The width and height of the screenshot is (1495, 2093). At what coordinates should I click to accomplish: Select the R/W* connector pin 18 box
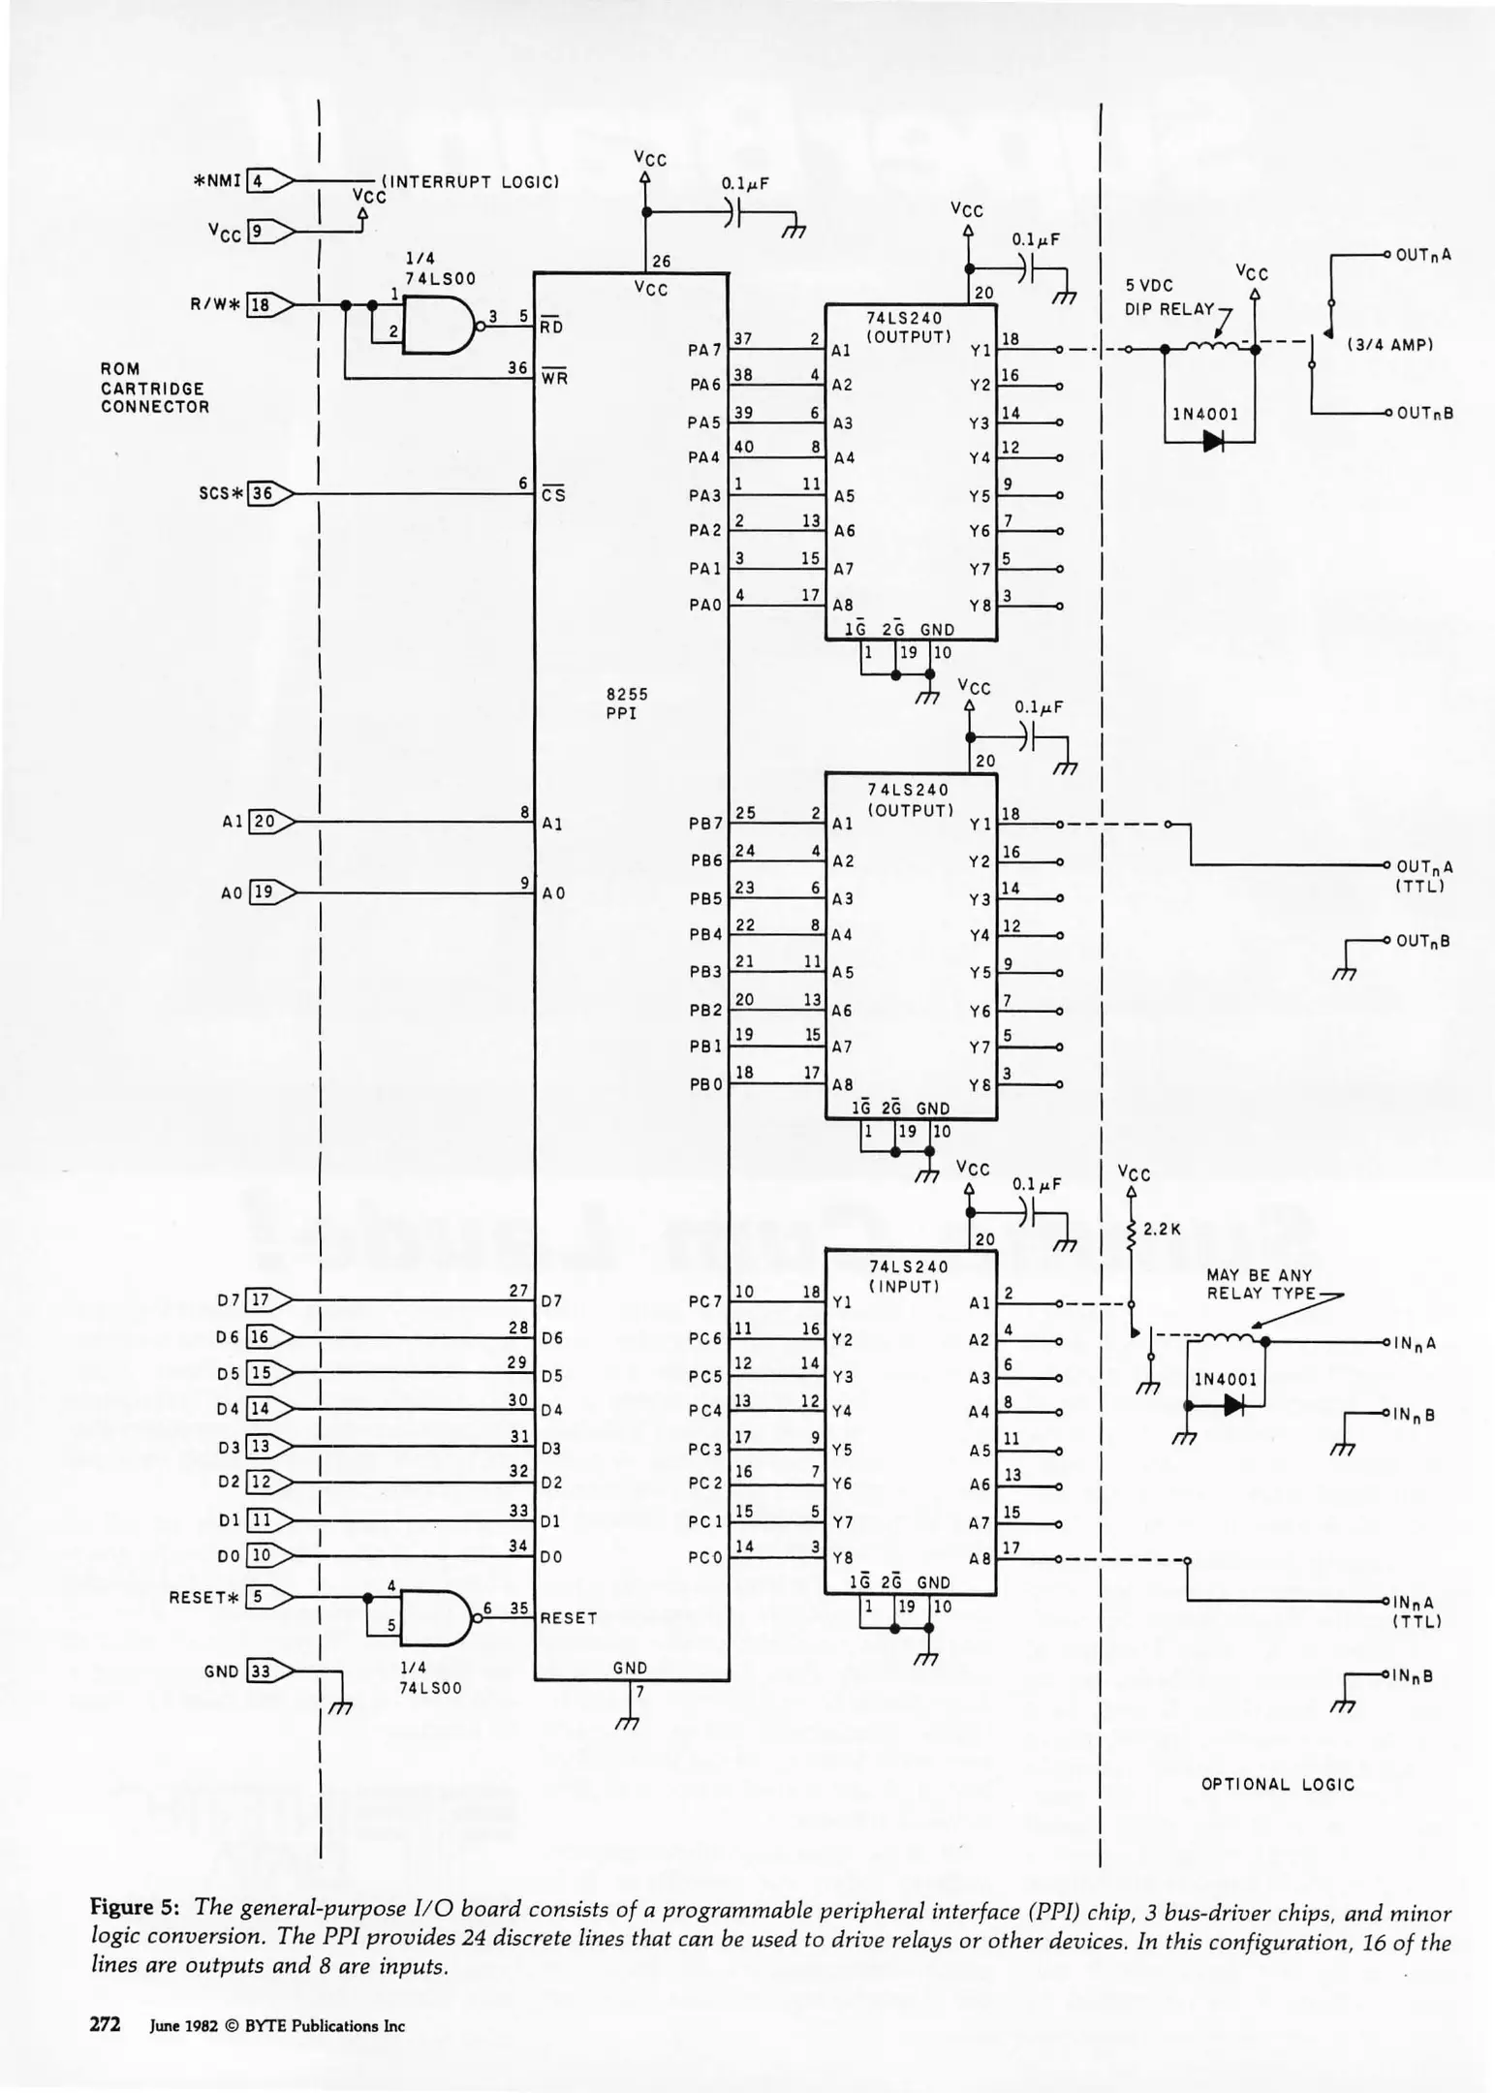(x=259, y=304)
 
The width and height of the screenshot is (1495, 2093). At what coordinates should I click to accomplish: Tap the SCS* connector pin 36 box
(x=260, y=493)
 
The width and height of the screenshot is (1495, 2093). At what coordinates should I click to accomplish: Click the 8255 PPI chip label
(x=627, y=703)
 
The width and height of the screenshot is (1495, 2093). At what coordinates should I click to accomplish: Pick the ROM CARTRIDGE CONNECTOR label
(x=154, y=388)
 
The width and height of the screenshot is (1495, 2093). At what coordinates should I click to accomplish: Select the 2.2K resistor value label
(x=1162, y=1229)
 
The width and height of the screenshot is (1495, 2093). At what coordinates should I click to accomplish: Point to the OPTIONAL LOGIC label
(x=1277, y=1784)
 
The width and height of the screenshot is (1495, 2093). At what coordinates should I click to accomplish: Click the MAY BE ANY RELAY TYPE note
(x=1260, y=1284)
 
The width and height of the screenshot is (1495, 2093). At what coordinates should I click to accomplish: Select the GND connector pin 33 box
(x=260, y=1671)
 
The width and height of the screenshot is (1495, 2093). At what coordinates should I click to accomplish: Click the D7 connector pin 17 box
(x=258, y=1299)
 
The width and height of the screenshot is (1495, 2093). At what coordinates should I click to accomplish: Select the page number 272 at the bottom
(x=105, y=2024)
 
